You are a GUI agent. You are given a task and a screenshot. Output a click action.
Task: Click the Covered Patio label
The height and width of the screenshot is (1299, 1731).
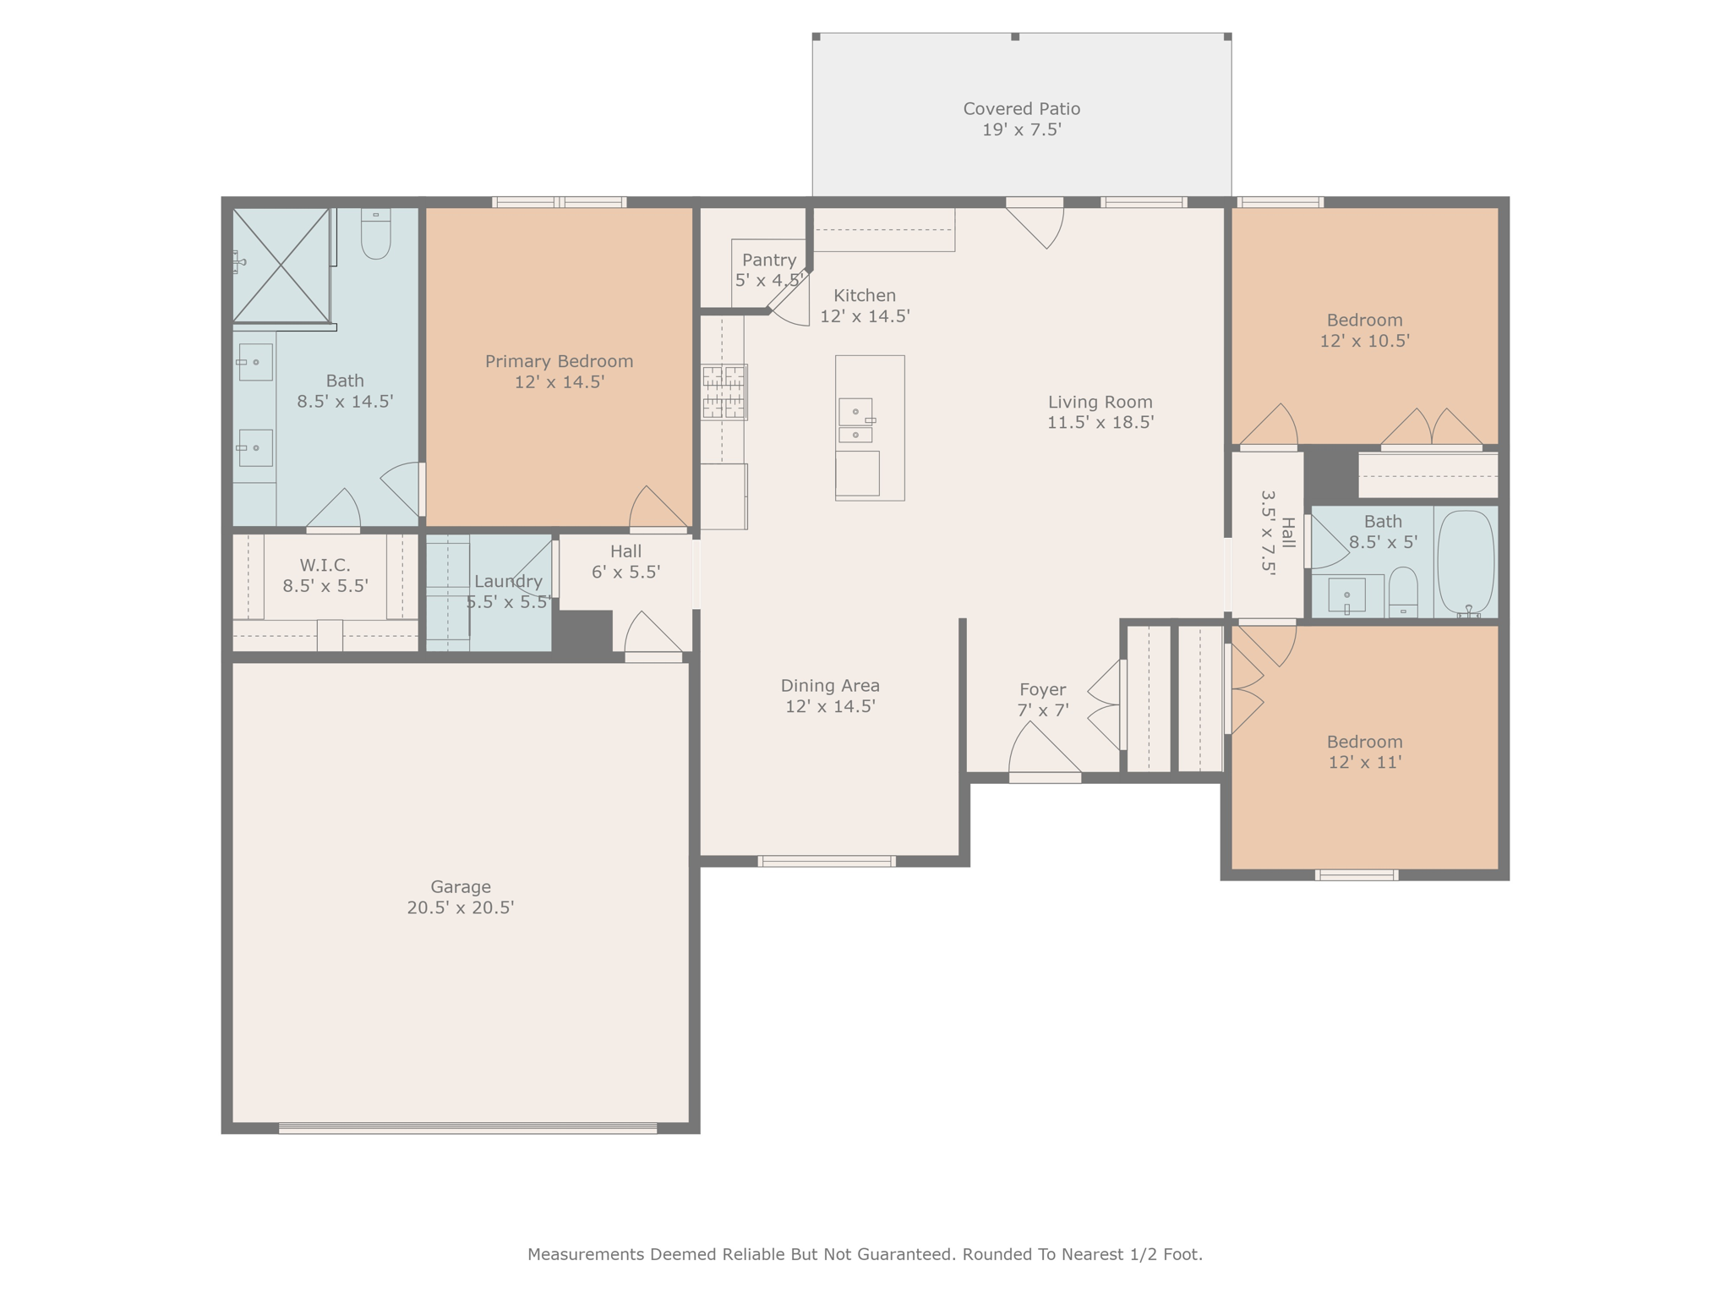pos(1021,109)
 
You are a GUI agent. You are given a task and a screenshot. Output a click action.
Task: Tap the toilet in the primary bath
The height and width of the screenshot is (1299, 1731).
pos(375,233)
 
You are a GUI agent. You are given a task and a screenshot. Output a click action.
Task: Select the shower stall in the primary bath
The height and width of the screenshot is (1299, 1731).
pos(281,265)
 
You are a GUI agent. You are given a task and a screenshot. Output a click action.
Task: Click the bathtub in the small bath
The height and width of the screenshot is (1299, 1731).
pos(1466,562)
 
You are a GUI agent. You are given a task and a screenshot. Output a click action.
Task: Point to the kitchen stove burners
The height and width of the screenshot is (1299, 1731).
pos(724,392)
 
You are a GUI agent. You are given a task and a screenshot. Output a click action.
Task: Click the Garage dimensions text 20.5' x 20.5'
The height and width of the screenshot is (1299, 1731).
pos(461,907)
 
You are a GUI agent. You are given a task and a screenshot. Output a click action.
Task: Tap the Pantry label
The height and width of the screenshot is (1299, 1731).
pos(768,260)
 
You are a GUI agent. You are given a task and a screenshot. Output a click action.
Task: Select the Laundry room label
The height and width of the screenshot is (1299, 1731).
pos(508,581)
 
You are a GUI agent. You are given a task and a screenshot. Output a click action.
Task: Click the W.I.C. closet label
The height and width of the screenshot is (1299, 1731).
pos(325,564)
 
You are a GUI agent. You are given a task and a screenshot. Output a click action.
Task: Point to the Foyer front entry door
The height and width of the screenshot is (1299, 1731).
pos(1045,776)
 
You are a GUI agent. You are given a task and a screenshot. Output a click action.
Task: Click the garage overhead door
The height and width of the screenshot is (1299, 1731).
pos(467,1127)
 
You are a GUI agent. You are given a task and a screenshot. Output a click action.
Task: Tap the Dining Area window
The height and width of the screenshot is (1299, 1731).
pos(826,861)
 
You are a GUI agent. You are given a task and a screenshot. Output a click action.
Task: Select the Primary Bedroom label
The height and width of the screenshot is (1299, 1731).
pos(559,361)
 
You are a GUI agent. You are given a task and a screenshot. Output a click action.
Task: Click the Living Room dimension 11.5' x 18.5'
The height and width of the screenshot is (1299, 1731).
pos(1100,423)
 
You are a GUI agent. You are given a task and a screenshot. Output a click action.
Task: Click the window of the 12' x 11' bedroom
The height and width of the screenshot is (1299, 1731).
pos(1356,874)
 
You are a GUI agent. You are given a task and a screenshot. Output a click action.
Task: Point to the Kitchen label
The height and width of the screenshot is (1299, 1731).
pos(864,295)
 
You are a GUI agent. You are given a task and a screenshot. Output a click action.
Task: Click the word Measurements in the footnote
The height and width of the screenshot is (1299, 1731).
pos(585,1254)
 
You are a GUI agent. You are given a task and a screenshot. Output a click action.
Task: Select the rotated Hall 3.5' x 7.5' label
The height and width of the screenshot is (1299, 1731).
pos(1277,533)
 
